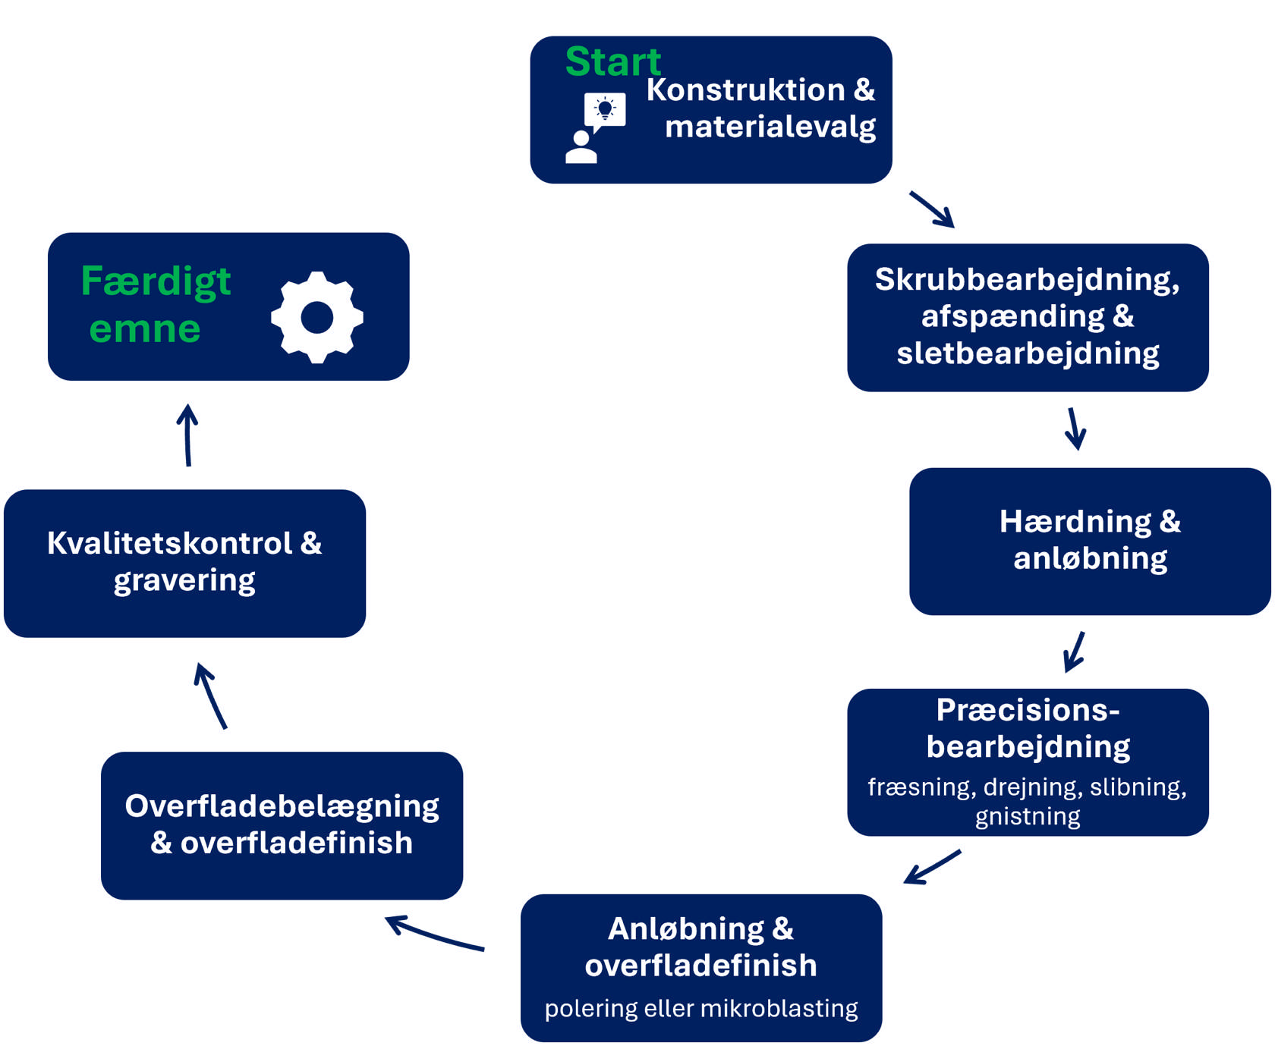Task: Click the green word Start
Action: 613,61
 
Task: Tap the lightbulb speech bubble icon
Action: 605,111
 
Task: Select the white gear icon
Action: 317,317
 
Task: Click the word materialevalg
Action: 770,127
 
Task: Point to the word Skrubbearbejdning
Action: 1026,279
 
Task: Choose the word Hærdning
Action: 1075,521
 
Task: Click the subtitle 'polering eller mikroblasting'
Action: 701,1008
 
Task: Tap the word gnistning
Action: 1028,816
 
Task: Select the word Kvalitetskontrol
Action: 169,543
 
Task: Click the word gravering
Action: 184,580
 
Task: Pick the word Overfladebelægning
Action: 282,806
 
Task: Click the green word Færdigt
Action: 156,281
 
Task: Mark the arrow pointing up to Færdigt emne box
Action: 187,435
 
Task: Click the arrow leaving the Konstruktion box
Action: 932,209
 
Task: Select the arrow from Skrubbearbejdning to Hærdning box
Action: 1075,429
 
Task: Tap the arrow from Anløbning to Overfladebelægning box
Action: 434,934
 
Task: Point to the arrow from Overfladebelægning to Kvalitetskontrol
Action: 211,695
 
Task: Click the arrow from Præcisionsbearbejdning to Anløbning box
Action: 932,867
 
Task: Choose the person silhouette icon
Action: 581,147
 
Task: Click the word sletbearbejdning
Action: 1028,353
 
